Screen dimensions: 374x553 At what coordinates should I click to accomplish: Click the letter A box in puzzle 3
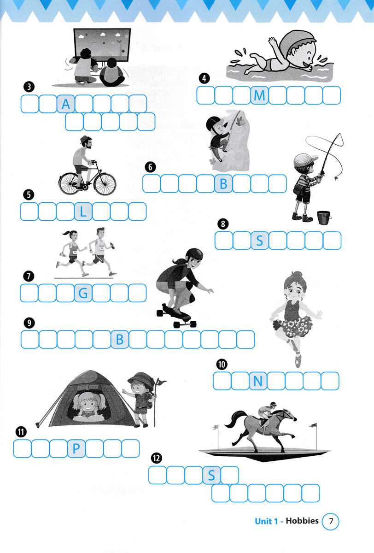coord(66,104)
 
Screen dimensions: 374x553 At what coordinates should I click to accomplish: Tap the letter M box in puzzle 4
coord(260,95)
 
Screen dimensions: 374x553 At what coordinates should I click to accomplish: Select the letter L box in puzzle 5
coord(83,212)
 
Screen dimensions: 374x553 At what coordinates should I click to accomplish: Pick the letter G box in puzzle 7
coord(83,293)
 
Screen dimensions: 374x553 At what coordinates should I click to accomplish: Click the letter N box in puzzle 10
coord(258,381)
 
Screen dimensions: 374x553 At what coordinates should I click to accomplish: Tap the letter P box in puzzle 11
coord(76,448)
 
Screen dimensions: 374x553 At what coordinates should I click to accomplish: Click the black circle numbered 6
coord(150,167)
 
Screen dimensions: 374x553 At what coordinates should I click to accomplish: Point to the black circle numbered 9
coord(29,323)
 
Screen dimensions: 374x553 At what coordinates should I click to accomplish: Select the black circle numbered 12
coord(157,459)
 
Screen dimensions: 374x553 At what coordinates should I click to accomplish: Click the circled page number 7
coord(331,521)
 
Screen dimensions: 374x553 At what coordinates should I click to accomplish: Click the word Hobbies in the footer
coord(302,521)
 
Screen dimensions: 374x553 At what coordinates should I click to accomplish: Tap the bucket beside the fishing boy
coord(324,218)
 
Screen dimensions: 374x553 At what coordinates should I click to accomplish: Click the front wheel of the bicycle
coord(105,184)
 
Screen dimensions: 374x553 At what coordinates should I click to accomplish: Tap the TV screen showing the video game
coord(102,44)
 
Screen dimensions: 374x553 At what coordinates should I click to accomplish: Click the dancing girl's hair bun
coord(296,275)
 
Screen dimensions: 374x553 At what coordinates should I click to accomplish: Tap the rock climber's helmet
coord(213,123)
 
